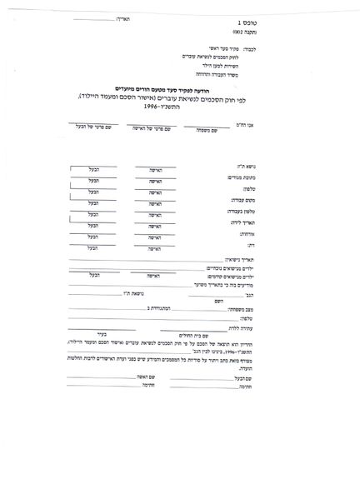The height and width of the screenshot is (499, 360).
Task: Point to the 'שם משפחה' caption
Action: (x=198, y=129)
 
